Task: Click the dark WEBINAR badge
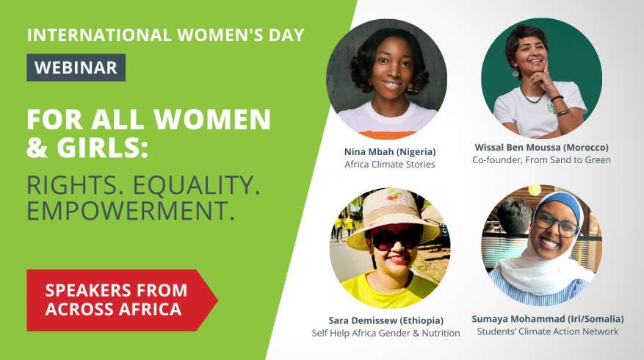(76, 68)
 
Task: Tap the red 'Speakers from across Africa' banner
(122, 300)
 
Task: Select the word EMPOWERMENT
(131, 210)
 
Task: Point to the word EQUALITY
(196, 185)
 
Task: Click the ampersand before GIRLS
(37, 147)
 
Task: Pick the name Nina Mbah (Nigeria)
(390, 152)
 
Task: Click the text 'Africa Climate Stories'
(390, 165)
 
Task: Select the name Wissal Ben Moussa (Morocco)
(541, 147)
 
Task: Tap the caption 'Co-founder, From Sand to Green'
(541, 160)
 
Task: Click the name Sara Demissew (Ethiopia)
(386, 320)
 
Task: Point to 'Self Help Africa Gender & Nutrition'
(386, 333)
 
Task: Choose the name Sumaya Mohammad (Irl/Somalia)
(548, 319)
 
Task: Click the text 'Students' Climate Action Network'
(548, 331)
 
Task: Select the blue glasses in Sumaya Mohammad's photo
(557, 223)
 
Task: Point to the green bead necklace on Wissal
(531, 96)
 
